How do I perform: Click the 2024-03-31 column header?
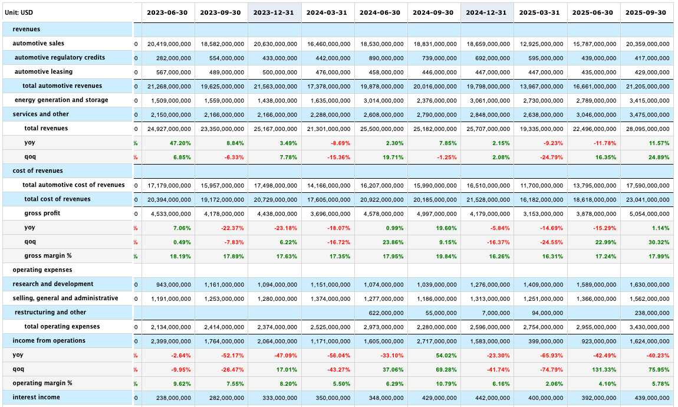click(327, 12)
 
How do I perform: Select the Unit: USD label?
click(19, 12)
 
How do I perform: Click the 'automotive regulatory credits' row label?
click(60, 57)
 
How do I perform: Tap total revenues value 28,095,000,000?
click(647, 129)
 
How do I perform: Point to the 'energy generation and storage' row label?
click(61, 100)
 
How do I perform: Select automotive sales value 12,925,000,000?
click(541, 44)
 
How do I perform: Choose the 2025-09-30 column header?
click(646, 12)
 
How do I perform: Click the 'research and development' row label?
click(52, 284)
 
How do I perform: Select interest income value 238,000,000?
click(171, 398)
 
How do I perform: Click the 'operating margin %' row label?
click(42, 383)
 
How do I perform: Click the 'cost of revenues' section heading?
click(37, 170)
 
